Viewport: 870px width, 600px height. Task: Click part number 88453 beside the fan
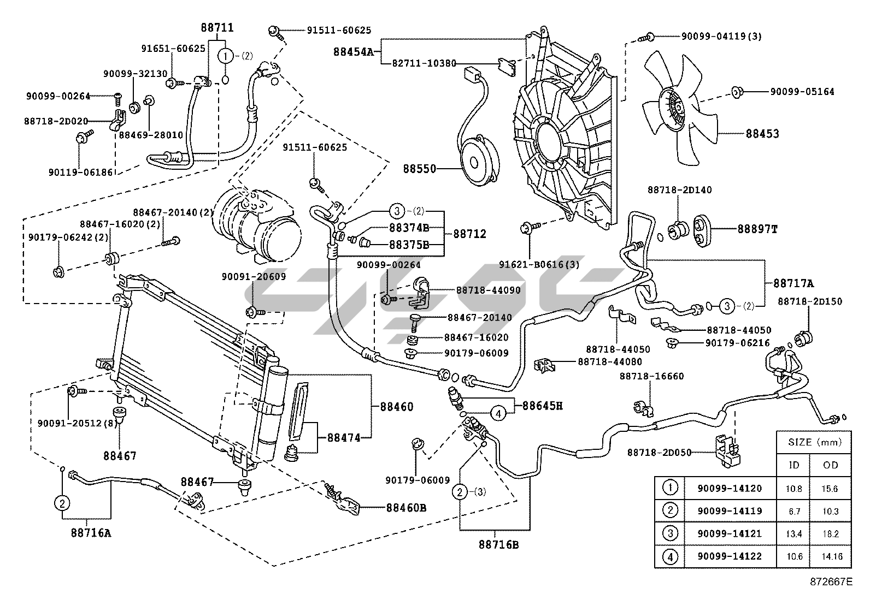[762, 134]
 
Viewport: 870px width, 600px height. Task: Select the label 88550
[420, 169]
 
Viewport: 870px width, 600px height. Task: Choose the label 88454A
[353, 52]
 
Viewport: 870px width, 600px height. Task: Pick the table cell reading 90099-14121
[729, 534]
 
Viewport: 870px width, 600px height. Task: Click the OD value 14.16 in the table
[831, 557]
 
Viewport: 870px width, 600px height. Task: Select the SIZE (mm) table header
[814, 442]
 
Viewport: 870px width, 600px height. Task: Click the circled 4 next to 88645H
[498, 414]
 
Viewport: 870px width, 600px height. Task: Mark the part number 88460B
[406, 508]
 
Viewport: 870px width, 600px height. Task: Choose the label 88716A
[91, 532]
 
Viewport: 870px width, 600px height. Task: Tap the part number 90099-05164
[802, 92]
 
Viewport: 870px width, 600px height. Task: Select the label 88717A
[793, 283]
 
